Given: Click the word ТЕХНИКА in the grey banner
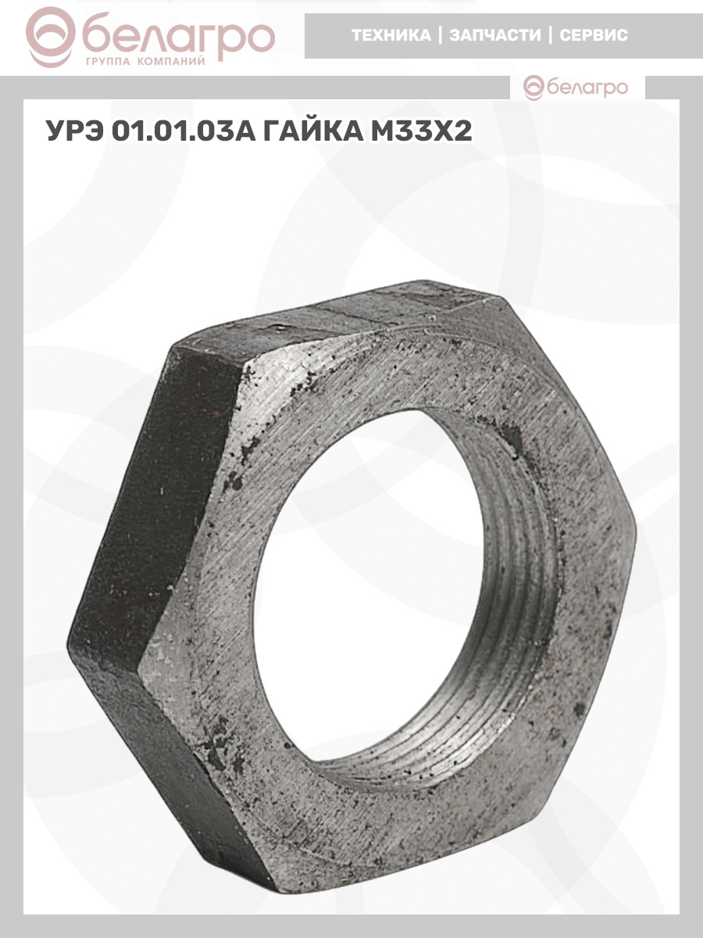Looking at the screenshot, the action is [391, 35].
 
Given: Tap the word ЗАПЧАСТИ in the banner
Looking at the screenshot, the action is [495, 35].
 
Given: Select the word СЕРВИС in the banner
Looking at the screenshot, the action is [594, 35].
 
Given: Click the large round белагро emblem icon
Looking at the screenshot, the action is [51, 38].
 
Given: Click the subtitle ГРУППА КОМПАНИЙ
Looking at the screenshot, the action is [145, 62].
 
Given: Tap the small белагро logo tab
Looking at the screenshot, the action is [576, 88].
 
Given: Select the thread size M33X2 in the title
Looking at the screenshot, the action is [421, 131].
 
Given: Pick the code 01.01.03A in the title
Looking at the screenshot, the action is [183, 131].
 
